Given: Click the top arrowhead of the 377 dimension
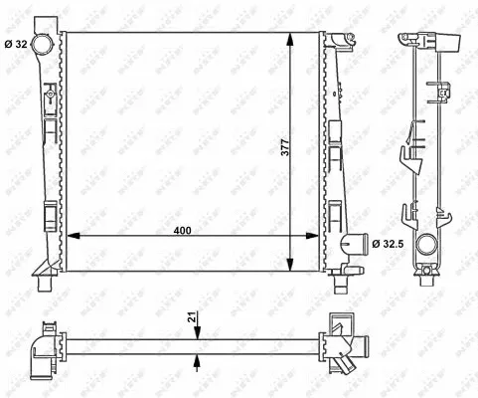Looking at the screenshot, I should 290,38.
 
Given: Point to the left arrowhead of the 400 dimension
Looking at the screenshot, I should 73,236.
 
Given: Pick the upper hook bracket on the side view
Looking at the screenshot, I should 407,156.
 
